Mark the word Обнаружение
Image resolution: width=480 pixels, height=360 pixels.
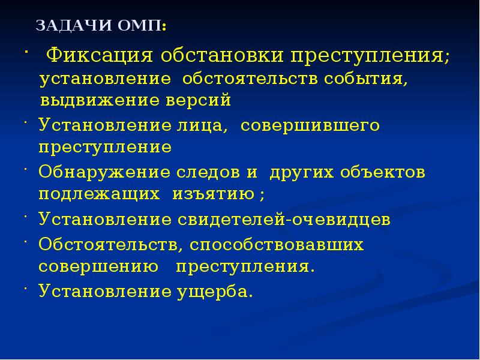(x=107, y=172)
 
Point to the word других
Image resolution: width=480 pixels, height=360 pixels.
(x=304, y=172)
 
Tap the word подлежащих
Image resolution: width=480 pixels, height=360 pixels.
(x=100, y=194)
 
